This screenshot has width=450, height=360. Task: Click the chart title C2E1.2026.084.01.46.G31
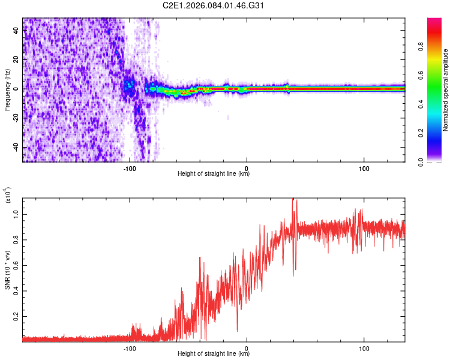coord(214,7)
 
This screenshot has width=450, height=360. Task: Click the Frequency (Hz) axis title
coord(7,90)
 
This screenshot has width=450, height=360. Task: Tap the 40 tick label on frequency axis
coord(17,31)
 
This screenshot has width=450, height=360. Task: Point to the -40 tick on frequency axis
coord(17,147)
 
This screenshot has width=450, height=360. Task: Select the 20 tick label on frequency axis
coord(17,60)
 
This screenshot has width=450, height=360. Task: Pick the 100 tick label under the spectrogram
coord(364,169)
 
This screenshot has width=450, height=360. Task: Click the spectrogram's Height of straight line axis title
coord(214,175)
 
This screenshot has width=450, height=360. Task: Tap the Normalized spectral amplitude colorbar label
coord(446,90)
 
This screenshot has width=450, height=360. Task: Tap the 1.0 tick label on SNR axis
coord(17,214)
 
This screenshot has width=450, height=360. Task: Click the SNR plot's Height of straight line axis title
coord(214,355)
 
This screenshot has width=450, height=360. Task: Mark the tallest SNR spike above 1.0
coord(294,200)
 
